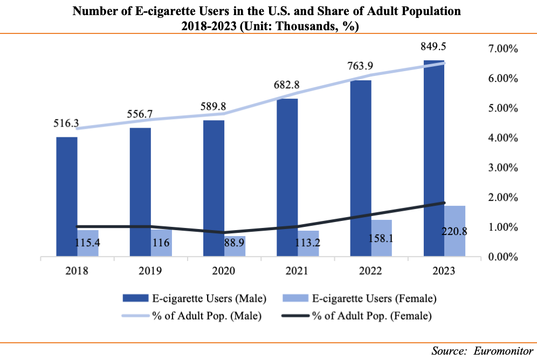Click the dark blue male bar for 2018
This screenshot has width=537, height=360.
pyautogui.click(x=66, y=197)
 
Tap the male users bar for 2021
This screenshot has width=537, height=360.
pyautogui.click(x=287, y=178)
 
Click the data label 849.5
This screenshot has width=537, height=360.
pyautogui.click(x=435, y=48)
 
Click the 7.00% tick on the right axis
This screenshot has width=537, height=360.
pyautogui.click(x=502, y=49)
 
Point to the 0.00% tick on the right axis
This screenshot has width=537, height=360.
pyautogui.click(x=502, y=257)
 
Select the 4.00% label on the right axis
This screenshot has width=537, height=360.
pyautogui.click(x=502, y=138)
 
